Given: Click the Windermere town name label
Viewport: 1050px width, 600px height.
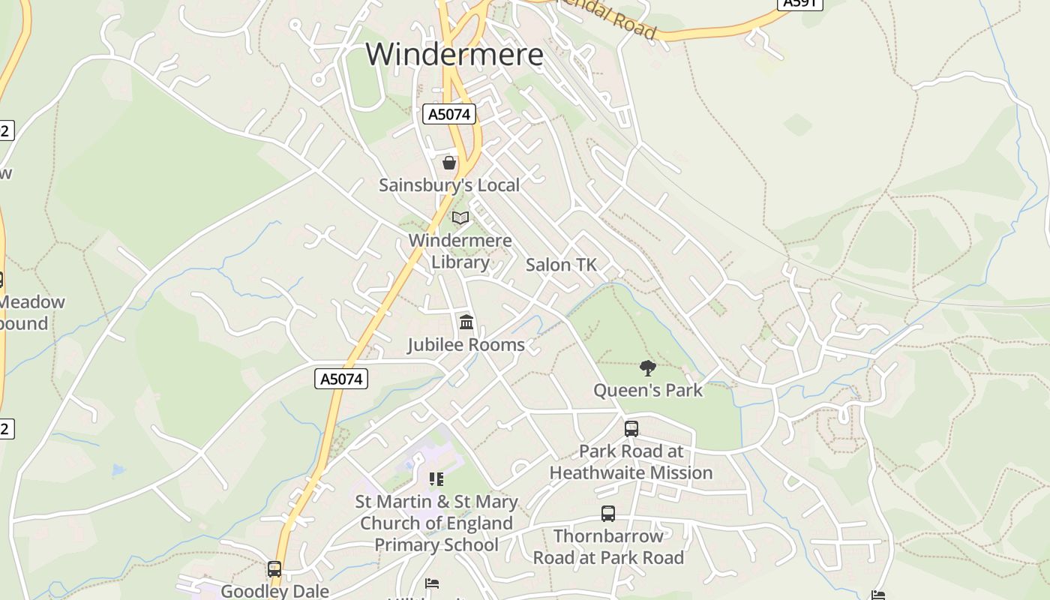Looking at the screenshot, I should pyautogui.click(x=454, y=55).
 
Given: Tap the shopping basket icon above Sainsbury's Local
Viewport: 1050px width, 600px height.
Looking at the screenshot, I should pyautogui.click(x=449, y=162).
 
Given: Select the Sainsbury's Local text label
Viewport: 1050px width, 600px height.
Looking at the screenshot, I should pyautogui.click(x=448, y=184).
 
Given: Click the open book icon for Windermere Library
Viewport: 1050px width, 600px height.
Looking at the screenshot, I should pyautogui.click(x=460, y=218).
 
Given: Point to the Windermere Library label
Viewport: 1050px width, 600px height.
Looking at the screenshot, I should pyautogui.click(x=460, y=251).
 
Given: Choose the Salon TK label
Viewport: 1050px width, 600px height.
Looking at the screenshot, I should pyautogui.click(x=561, y=265).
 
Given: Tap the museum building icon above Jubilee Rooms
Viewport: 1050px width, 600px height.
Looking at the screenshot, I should pyautogui.click(x=466, y=322).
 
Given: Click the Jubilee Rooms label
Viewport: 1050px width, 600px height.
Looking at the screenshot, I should pyautogui.click(x=466, y=345).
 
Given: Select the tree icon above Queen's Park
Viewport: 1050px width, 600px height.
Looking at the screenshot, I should pyautogui.click(x=648, y=368).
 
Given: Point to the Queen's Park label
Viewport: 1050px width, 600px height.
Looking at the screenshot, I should pyautogui.click(x=648, y=390).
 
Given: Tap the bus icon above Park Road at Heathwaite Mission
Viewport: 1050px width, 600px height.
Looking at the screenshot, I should pyautogui.click(x=631, y=429).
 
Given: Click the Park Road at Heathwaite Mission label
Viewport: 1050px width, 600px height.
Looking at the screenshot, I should pyautogui.click(x=631, y=462).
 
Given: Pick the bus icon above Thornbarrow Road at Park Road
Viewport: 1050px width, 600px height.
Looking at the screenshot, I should pyautogui.click(x=608, y=514).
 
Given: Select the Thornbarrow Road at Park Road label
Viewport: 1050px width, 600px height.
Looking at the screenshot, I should pyautogui.click(x=608, y=547).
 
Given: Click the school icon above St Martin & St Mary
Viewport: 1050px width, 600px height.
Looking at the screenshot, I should pyautogui.click(x=436, y=478).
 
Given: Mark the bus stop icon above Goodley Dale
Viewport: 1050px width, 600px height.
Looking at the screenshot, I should pyautogui.click(x=274, y=569).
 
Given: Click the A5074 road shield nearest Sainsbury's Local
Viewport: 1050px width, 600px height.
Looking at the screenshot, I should pyautogui.click(x=448, y=114).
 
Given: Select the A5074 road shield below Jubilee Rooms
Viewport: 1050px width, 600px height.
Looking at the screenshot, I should pyautogui.click(x=341, y=379).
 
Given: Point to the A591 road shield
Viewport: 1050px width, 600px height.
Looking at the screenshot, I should pyautogui.click(x=800, y=3).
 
